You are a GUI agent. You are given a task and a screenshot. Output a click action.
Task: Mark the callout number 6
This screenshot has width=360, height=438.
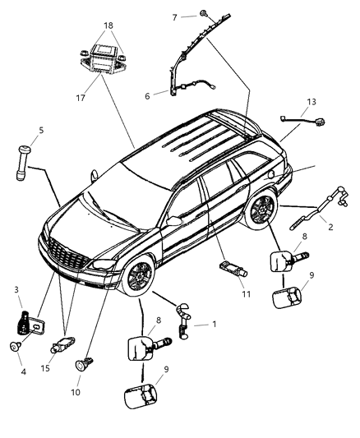click(147, 96)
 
